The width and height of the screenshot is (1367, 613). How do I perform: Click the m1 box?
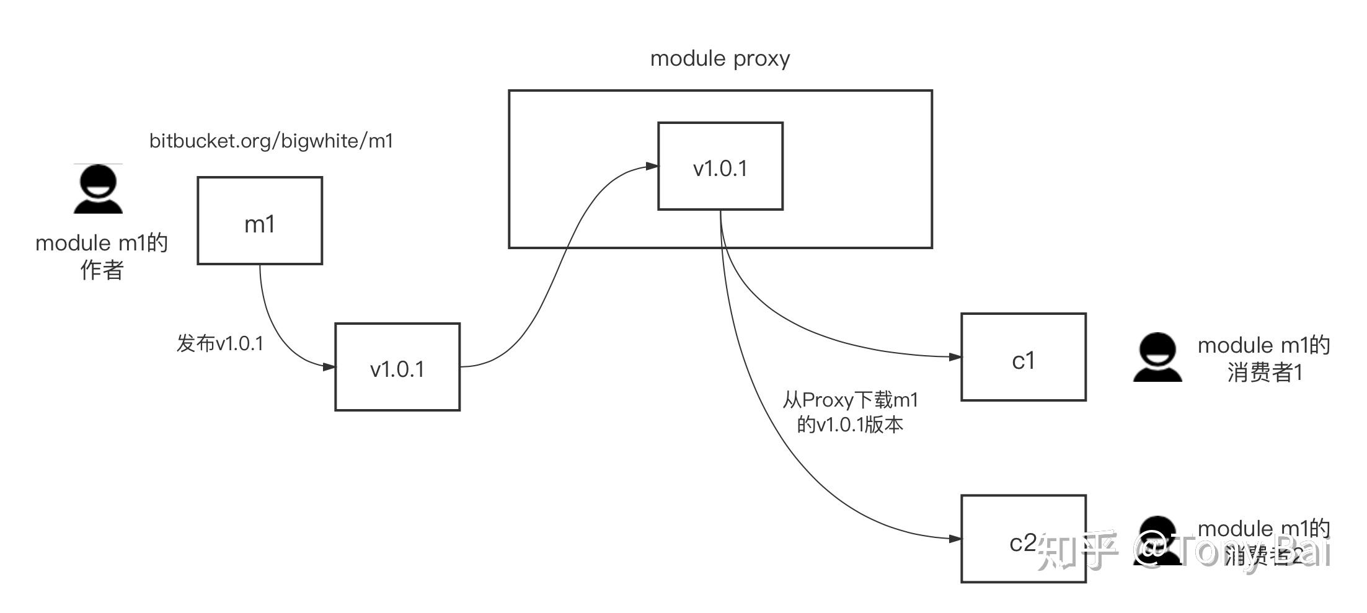[x=260, y=221]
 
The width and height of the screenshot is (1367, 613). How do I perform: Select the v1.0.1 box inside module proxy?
[x=720, y=166]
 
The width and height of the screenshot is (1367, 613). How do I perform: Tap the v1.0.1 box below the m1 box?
[x=397, y=367]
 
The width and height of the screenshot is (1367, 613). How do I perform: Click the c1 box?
[x=1023, y=357]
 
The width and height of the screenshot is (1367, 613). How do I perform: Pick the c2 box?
[x=1023, y=539]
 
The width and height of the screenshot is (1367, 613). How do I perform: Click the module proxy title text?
[x=720, y=59]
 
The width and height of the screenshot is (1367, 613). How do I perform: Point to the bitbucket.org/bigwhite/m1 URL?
[x=271, y=141]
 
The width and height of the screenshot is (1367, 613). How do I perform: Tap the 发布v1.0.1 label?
[x=220, y=343]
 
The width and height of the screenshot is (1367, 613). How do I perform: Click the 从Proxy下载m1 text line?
[x=850, y=400]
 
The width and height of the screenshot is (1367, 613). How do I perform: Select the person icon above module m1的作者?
[x=98, y=189]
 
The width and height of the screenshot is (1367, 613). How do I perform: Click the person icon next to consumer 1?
[x=1157, y=358]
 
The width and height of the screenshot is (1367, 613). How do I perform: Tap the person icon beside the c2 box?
[x=1157, y=540]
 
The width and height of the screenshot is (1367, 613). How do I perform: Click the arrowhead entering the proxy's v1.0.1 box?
[x=652, y=166]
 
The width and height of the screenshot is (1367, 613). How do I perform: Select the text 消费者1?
[x=1265, y=373]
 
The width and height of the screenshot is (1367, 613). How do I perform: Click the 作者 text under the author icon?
[x=102, y=270]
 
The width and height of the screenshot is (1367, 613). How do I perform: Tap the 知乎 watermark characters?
[x=1077, y=550]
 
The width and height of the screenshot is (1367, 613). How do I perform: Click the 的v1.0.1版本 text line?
[x=850, y=425]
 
